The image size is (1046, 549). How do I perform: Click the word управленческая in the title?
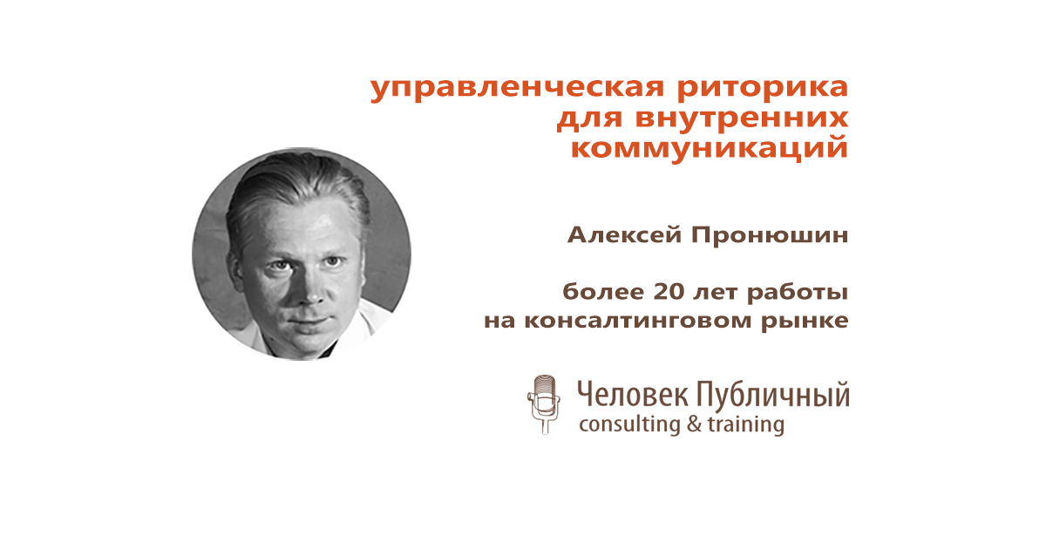[x=518, y=89]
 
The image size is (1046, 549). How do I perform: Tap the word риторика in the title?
[x=763, y=89]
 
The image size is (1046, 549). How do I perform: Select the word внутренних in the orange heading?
[x=742, y=118]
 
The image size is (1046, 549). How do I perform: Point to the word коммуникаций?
[x=710, y=146]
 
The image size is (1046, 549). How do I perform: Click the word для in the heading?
[x=589, y=119]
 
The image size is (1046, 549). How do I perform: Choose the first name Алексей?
[x=625, y=234]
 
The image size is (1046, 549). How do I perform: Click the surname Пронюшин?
[x=770, y=234]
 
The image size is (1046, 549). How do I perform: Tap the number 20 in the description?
[x=669, y=292]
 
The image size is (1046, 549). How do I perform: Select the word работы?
[x=797, y=293]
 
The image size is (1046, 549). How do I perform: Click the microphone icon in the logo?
[x=544, y=404]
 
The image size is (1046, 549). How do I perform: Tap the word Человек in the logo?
[x=632, y=395]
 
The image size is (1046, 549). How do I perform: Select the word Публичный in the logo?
[x=773, y=396]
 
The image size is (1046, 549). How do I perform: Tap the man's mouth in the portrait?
[x=310, y=322]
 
